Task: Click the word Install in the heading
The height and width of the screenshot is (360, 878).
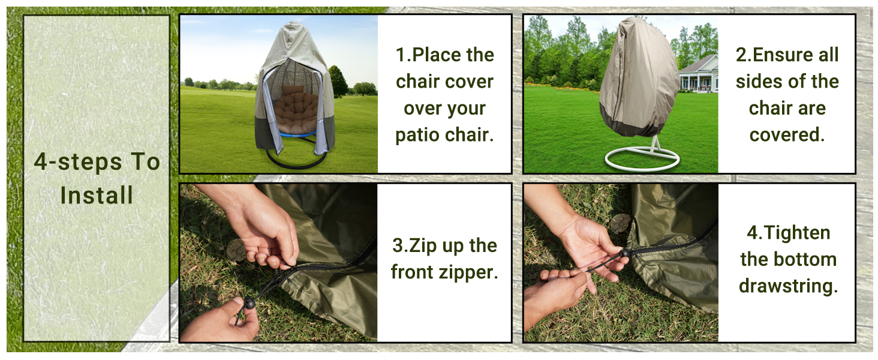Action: click(97, 196)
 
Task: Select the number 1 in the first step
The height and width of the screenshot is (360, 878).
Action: click(401, 55)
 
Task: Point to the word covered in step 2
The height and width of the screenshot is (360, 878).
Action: click(787, 134)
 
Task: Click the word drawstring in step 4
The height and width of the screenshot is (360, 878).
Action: click(787, 286)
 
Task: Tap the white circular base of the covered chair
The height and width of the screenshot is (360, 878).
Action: click(642, 159)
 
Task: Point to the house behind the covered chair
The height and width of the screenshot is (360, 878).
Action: click(698, 74)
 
